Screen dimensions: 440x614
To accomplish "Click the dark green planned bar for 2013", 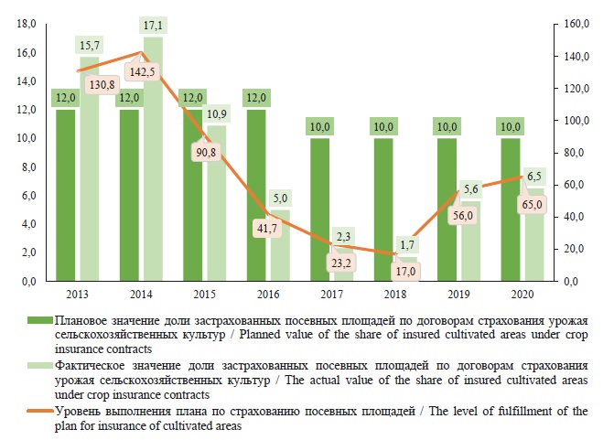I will [x=65, y=197].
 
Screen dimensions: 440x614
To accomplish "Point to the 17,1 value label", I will [x=153, y=23].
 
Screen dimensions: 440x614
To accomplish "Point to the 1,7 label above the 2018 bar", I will [x=407, y=244].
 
